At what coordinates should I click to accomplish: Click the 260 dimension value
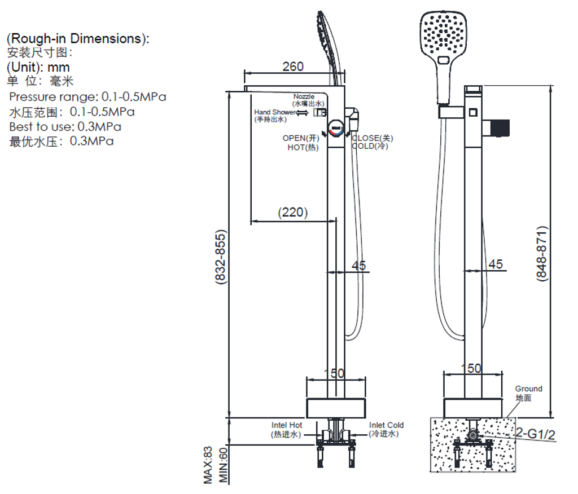293,66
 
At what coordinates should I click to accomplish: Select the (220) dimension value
293,213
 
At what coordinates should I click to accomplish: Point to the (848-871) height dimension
541,254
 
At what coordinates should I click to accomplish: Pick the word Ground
528,389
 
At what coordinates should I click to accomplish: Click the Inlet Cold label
387,425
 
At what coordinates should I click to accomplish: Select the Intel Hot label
287,425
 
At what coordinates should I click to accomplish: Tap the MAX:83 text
208,465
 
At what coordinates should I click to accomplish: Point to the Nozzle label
304,97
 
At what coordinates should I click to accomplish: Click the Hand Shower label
274,112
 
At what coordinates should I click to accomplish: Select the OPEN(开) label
301,138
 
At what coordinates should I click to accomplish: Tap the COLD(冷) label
370,147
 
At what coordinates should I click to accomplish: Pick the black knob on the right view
499,128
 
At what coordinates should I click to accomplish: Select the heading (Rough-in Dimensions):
78,39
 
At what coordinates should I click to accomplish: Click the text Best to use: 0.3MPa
65,126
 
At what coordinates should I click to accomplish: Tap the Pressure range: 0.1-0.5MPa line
87,96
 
